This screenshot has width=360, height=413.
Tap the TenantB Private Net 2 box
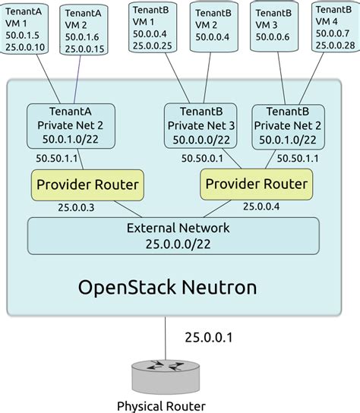pyautogui.click(x=287, y=126)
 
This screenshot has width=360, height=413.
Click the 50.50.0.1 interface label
pyautogui.click(x=202, y=158)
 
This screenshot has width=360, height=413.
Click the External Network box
pyautogui.click(x=173, y=235)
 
